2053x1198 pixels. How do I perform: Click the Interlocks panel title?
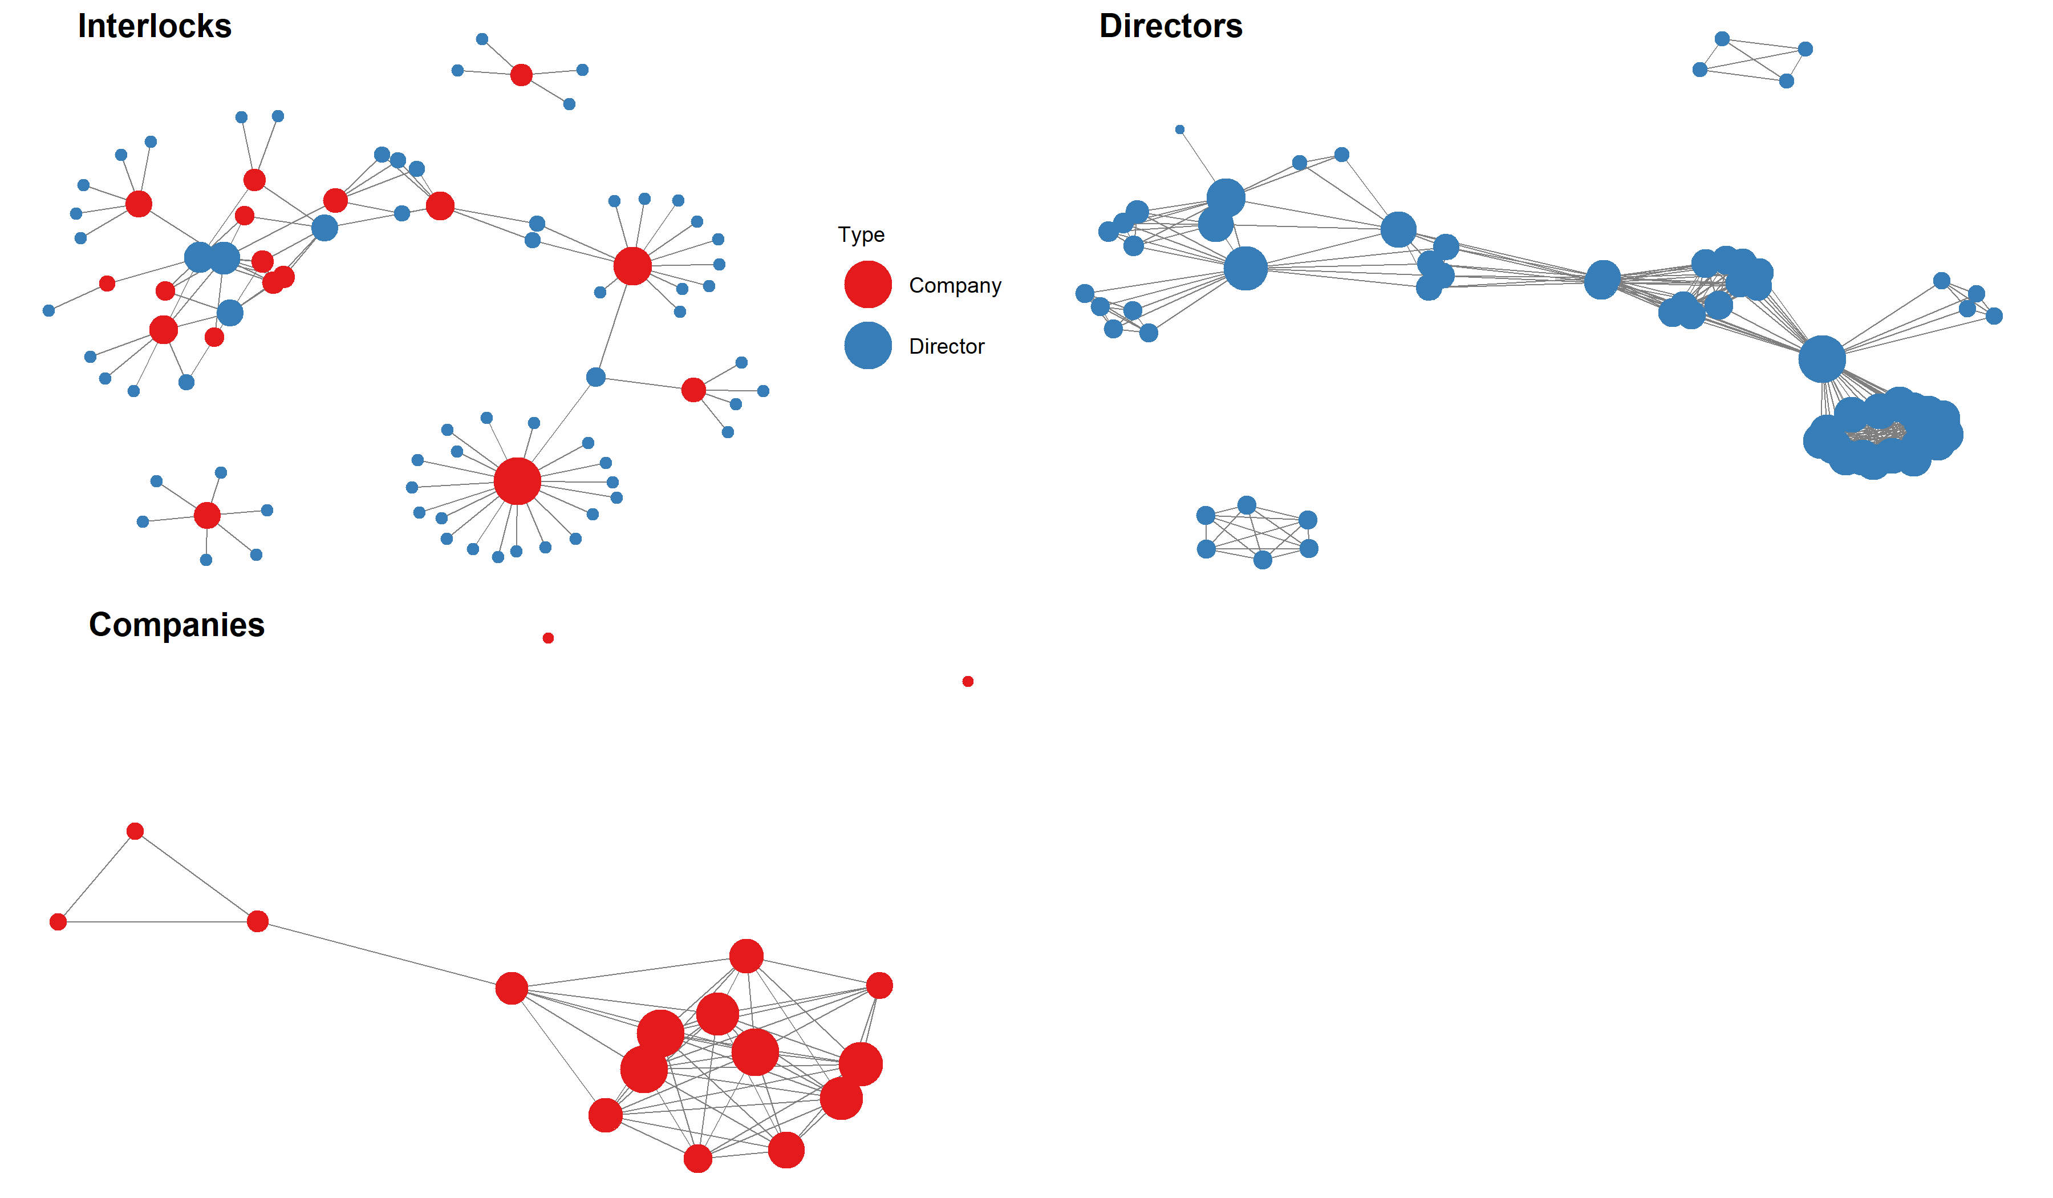[155, 26]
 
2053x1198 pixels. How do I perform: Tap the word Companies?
[177, 625]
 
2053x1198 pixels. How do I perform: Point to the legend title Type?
[861, 234]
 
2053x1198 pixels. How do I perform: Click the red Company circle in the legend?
[867, 285]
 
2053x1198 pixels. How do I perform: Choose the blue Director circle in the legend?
[867, 346]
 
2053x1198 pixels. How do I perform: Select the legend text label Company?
[955, 285]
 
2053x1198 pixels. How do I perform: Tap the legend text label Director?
[947, 346]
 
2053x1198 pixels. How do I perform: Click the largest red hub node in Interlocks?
[517, 481]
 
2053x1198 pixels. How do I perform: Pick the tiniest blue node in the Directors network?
[1180, 129]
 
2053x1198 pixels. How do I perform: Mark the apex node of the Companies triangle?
[135, 831]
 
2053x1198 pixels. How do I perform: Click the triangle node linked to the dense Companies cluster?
[257, 922]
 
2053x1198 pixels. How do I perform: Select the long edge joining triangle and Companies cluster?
[383, 954]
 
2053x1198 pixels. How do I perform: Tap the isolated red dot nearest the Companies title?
[548, 638]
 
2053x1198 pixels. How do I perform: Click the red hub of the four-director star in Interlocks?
[521, 75]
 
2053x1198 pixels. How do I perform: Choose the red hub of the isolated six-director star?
[207, 515]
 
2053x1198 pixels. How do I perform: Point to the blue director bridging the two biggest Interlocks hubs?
[595, 377]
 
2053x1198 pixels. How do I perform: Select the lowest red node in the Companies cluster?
[697, 1158]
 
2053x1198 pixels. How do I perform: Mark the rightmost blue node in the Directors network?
[1994, 316]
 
